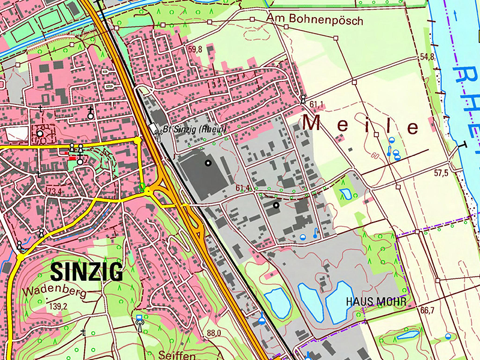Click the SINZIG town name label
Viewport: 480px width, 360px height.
pyautogui.click(x=87, y=271)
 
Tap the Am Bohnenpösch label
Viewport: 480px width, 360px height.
pyautogui.click(x=315, y=20)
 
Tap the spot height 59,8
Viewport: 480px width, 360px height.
pyautogui.click(x=195, y=50)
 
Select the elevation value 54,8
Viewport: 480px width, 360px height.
pyautogui.click(x=427, y=57)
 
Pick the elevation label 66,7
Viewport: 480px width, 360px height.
pyautogui.click(x=427, y=310)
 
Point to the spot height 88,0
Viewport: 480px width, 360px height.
pyautogui.click(x=214, y=333)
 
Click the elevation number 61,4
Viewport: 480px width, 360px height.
pyautogui.click(x=243, y=188)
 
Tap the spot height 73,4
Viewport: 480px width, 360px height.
pyautogui.click(x=55, y=191)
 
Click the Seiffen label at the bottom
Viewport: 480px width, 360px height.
pyautogui.click(x=176, y=354)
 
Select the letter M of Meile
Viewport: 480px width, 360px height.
pyautogui.click(x=313, y=123)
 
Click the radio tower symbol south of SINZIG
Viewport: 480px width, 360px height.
pyautogui.click(x=140, y=322)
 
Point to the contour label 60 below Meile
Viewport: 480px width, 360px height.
pyautogui.click(x=375, y=156)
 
